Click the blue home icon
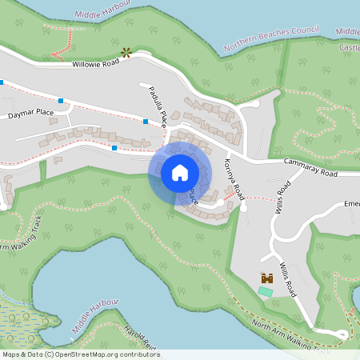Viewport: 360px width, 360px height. (x=179, y=172)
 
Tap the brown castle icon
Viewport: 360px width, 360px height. (x=266, y=278)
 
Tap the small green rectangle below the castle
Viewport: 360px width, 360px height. (x=265, y=291)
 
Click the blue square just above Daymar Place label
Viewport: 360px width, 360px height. (x=61, y=101)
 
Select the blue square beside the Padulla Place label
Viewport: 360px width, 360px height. (x=146, y=122)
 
